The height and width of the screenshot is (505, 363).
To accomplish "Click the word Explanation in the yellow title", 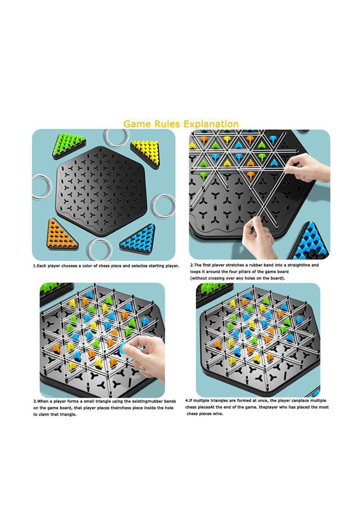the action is tap(211, 124).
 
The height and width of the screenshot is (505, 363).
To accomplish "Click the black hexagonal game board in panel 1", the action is tap(101, 191).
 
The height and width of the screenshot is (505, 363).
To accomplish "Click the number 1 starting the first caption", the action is tap(34, 266).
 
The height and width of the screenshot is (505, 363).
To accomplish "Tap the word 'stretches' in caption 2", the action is tap(236, 265).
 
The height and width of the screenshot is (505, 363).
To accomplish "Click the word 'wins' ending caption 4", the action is tap(217, 414).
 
